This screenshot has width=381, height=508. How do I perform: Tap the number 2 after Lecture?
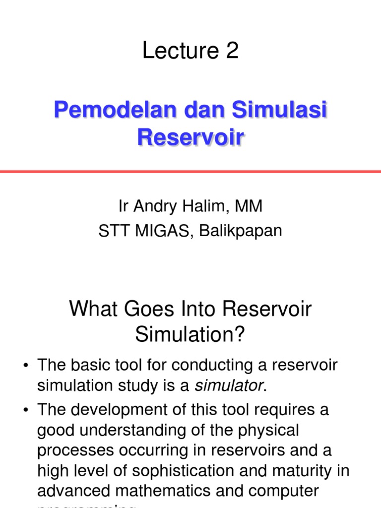232,51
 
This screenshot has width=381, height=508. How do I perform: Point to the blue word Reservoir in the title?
190,137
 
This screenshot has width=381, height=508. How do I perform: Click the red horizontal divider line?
190,171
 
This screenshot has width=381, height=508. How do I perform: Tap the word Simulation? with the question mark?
190,336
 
